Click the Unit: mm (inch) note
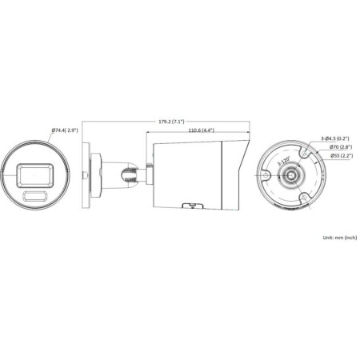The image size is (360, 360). [338, 238]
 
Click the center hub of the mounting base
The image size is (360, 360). [294, 174]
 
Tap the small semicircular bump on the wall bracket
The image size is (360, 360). [83, 174]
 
